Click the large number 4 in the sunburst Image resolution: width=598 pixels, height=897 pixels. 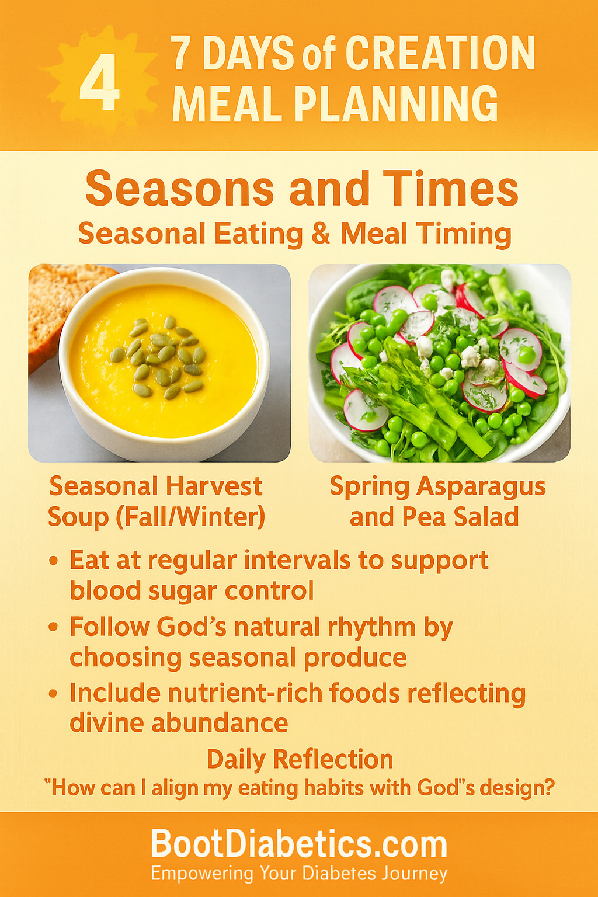100,82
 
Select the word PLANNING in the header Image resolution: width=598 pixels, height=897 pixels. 396,103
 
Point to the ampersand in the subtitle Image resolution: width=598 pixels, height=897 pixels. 321,233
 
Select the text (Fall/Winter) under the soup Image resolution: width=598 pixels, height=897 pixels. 190,517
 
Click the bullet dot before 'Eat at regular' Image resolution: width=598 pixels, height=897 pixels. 53,561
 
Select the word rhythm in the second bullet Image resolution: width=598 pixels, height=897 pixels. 371,628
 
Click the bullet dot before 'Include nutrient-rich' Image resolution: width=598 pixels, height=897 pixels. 53,694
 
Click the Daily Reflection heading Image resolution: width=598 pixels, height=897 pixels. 300,759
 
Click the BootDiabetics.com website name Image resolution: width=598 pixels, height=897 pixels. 299,844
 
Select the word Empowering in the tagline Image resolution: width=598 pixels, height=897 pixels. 201,874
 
